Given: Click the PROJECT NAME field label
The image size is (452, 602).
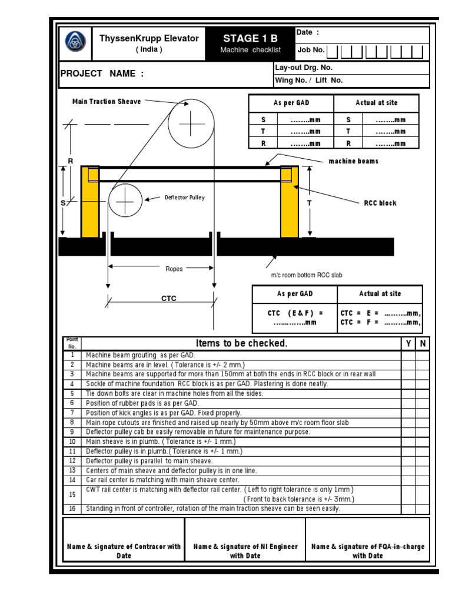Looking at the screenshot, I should [102, 73].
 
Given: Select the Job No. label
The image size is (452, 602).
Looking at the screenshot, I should [311, 51].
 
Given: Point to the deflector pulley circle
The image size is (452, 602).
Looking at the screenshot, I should [125, 201].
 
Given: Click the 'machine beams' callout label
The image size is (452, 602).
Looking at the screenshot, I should [353, 161].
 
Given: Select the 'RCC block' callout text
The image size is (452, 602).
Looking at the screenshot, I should [380, 203].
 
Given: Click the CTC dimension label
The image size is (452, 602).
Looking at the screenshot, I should [169, 299].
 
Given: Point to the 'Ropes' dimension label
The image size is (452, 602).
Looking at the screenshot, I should [174, 269].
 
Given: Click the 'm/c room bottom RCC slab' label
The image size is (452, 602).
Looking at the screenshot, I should [306, 275].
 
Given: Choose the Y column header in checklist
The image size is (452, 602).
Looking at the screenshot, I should [408, 343].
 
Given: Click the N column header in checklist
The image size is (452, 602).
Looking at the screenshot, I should [422, 343].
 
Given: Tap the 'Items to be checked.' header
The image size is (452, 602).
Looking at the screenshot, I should [241, 343].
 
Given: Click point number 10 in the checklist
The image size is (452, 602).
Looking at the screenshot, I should [72, 442].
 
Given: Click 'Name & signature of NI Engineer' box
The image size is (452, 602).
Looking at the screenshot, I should [245, 551].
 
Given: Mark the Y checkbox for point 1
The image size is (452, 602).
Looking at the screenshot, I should [408, 355].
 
